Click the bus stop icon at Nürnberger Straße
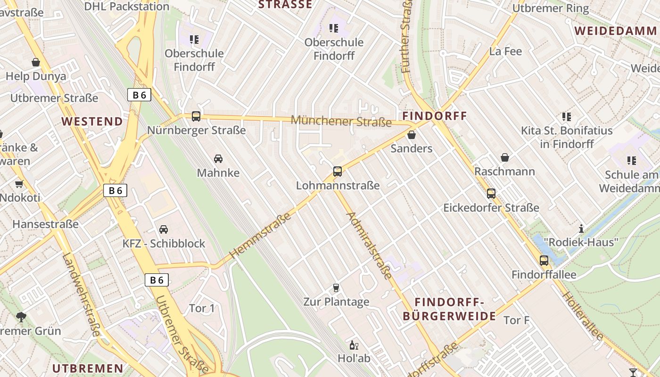pos(196,116)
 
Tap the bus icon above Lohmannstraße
pos(338,172)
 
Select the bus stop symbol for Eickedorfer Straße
pos(491,193)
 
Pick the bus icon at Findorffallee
pos(544,260)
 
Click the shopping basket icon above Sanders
pos(412,135)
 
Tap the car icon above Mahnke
pos(218,159)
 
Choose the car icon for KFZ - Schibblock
pos(164,229)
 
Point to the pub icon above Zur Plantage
pos(336,287)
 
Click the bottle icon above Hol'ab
pos(354,344)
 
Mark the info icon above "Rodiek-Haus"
pos(581,229)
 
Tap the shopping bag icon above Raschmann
pos(505,157)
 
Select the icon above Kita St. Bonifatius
pos(566,116)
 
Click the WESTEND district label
pos(92,121)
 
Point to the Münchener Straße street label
pos(341,121)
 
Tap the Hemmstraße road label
pos(260,236)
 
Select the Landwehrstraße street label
pos(81,295)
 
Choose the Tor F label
pos(517,320)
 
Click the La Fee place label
pos(506,51)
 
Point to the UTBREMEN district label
pos(88,368)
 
